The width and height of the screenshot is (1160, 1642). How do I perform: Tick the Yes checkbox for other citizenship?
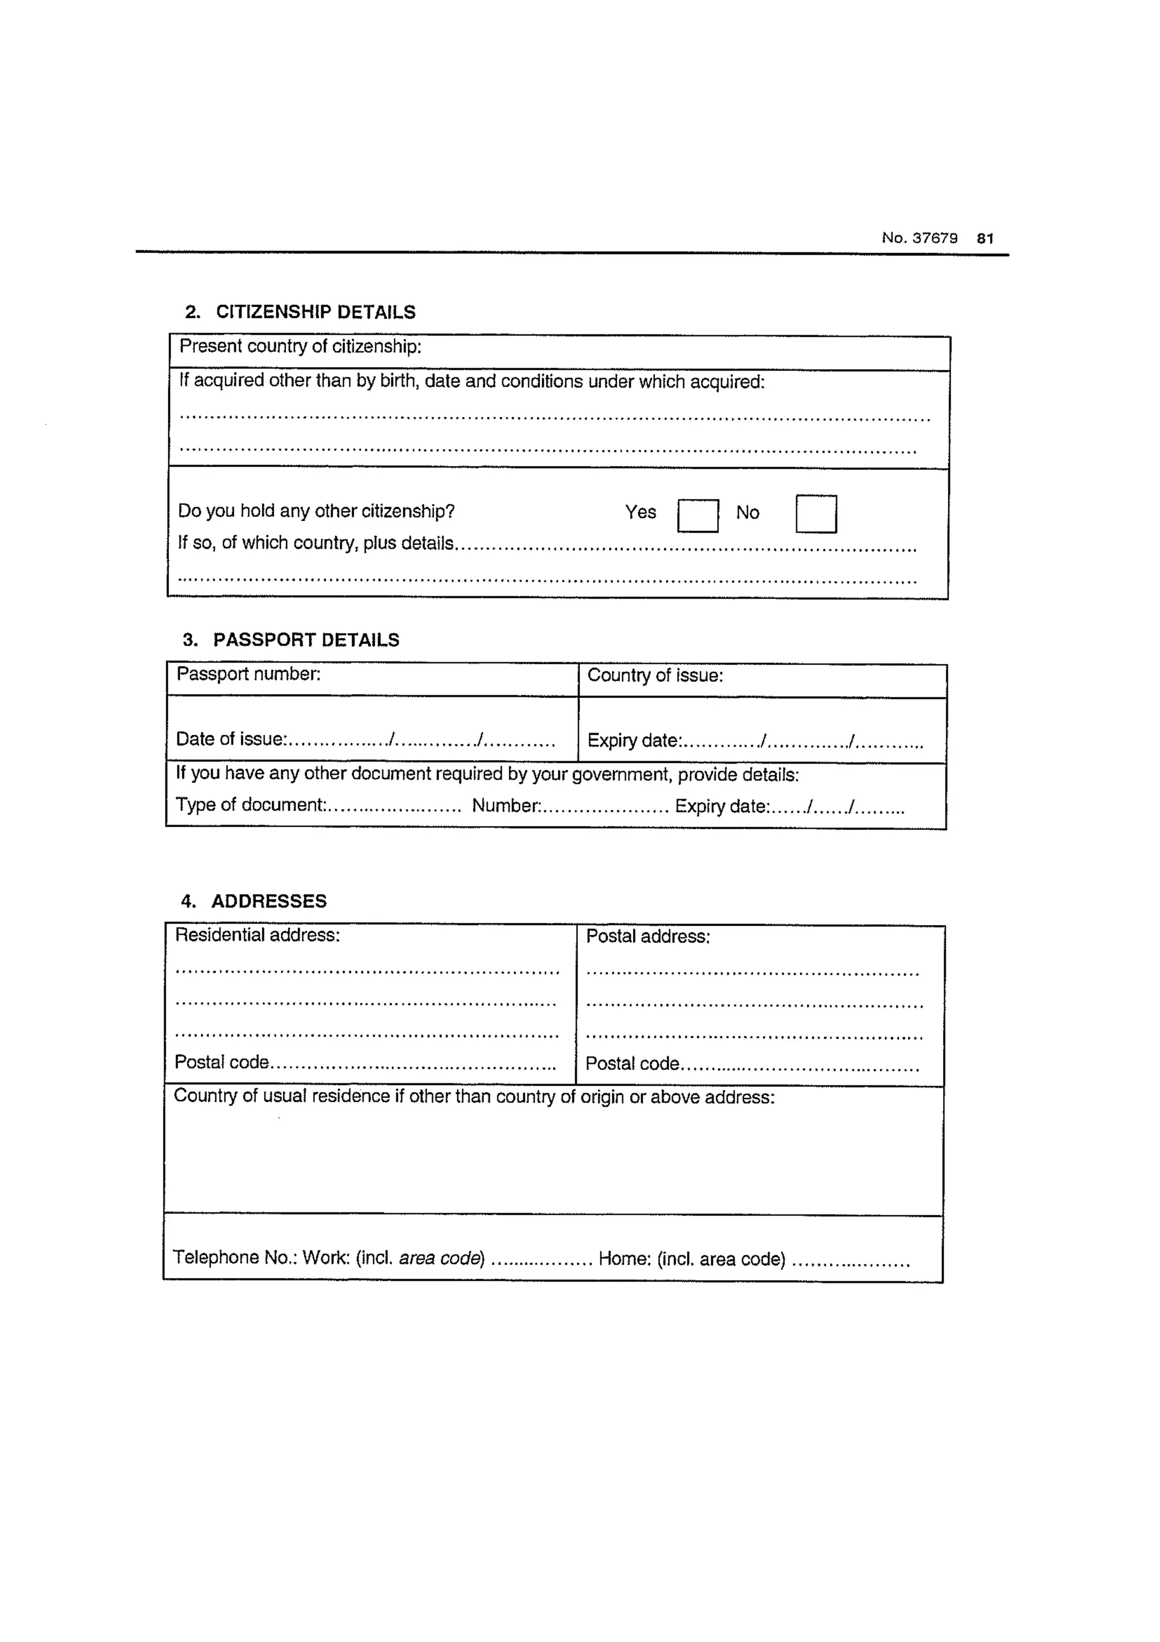point(698,516)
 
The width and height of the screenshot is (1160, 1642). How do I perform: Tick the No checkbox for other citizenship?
point(816,514)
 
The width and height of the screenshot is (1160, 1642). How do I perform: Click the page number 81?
point(985,239)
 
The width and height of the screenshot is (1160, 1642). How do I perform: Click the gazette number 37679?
point(919,238)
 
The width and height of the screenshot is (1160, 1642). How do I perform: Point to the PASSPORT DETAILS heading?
point(306,639)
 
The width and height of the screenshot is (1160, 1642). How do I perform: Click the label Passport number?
point(249,674)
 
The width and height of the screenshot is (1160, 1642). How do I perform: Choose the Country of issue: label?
point(655,675)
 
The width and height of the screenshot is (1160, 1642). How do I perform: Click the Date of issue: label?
point(231,739)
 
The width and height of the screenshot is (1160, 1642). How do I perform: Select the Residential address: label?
point(257,935)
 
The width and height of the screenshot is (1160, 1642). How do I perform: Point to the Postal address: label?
point(647,936)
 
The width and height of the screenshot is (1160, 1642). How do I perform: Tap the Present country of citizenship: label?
point(300,346)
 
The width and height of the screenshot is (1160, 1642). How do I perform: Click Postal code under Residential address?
point(221,1062)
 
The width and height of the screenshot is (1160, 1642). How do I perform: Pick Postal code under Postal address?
point(632,1063)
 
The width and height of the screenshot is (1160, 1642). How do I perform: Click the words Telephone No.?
point(234,1257)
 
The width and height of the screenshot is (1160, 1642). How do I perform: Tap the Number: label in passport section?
point(506,805)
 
